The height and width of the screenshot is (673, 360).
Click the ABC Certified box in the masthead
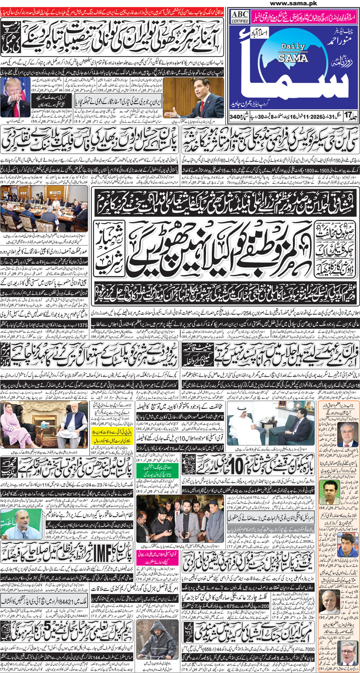(x=240, y=16)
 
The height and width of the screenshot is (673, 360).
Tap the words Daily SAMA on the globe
(x=293, y=52)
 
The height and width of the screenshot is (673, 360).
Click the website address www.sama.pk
(x=293, y=3)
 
